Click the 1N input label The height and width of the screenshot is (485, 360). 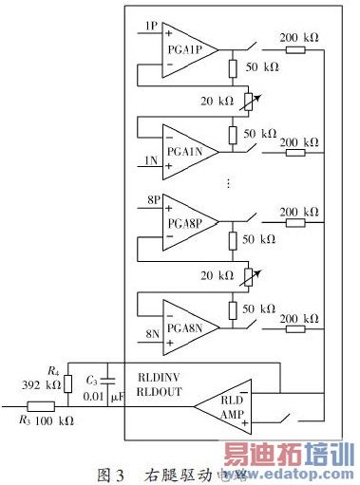point(151,161)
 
